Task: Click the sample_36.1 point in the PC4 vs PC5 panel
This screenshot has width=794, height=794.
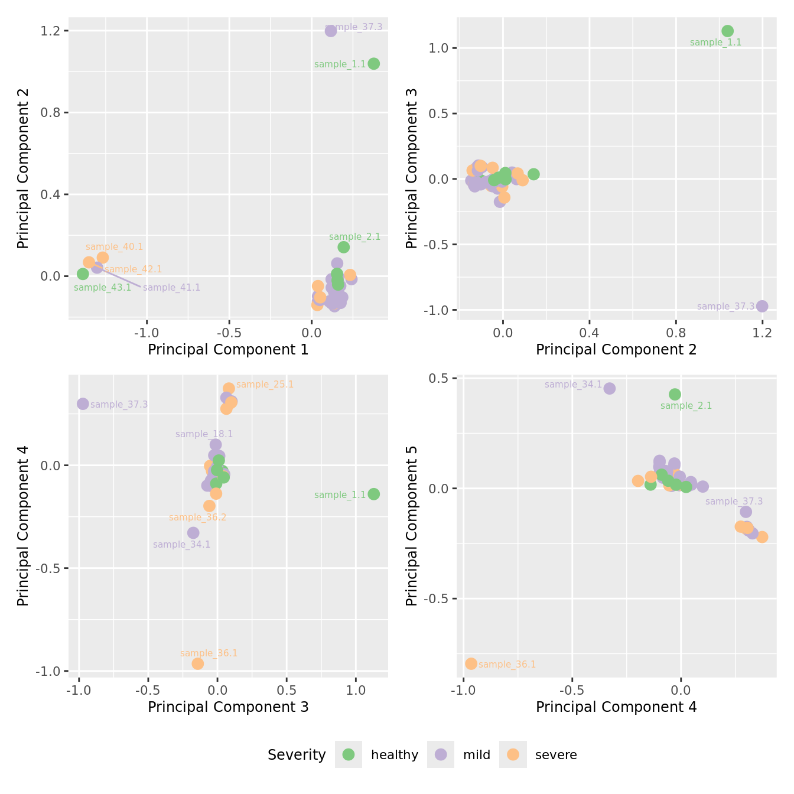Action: coord(471,663)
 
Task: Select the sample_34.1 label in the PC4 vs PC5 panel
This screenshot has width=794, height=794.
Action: coord(573,385)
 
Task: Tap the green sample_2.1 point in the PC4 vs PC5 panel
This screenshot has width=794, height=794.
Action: coord(675,394)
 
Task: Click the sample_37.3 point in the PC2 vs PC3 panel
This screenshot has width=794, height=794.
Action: coord(762,306)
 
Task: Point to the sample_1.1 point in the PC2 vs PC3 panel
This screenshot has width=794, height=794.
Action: coord(727,31)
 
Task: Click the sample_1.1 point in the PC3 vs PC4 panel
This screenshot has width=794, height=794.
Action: coord(373,494)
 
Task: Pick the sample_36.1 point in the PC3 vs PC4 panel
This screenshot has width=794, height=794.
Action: coord(197,663)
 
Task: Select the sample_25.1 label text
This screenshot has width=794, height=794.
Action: coord(265,385)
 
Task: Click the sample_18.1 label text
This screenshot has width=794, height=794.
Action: coord(204,434)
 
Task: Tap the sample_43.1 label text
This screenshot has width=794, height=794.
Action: coord(102,288)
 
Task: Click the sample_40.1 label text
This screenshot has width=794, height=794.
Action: coord(114,247)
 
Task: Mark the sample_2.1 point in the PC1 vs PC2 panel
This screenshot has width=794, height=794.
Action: coord(343,247)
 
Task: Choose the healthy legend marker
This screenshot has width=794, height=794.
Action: coord(349,754)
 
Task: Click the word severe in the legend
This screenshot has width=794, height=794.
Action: coord(555,755)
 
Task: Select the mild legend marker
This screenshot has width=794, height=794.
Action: coord(441,754)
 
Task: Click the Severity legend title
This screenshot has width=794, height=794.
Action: coord(297,755)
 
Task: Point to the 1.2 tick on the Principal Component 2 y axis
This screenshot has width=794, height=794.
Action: coord(51,31)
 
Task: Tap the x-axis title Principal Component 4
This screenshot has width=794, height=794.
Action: coord(616,707)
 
